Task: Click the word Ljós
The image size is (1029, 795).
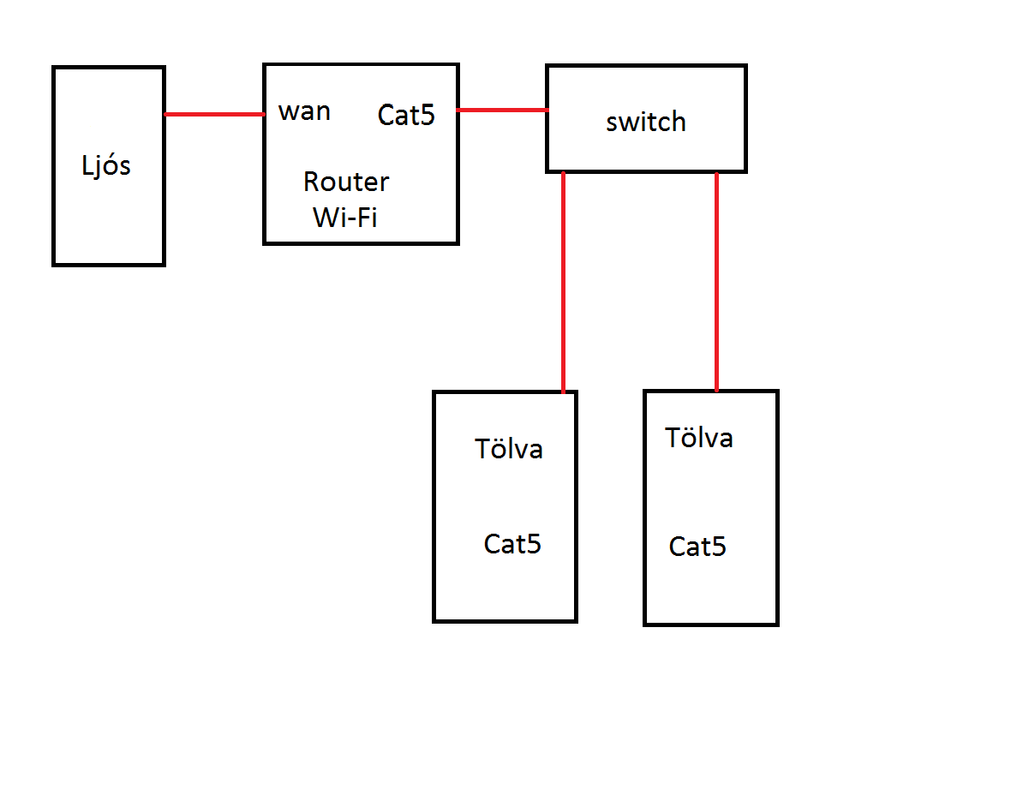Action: click(x=106, y=164)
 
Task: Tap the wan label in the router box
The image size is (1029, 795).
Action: click(x=304, y=111)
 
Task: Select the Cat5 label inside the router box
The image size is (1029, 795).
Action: click(x=406, y=115)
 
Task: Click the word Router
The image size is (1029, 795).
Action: click(x=346, y=182)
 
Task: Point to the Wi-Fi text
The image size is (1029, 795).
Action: click(x=345, y=217)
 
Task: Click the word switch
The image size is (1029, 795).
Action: click(x=645, y=122)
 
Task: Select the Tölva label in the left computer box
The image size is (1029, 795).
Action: click(x=509, y=449)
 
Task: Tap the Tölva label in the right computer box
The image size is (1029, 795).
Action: click(x=699, y=438)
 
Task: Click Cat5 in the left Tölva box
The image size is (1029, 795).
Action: click(x=512, y=544)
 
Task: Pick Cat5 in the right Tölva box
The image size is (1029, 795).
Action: click(x=697, y=547)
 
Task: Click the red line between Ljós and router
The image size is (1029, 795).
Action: click(x=213, y=114)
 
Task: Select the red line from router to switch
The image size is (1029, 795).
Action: click(x=502, y=110)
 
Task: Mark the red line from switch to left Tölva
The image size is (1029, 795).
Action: click(x=563, y=283)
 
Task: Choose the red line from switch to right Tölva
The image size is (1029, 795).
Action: click(x=716, y=283)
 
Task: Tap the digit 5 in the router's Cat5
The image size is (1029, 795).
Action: click(x=428, y=115)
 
